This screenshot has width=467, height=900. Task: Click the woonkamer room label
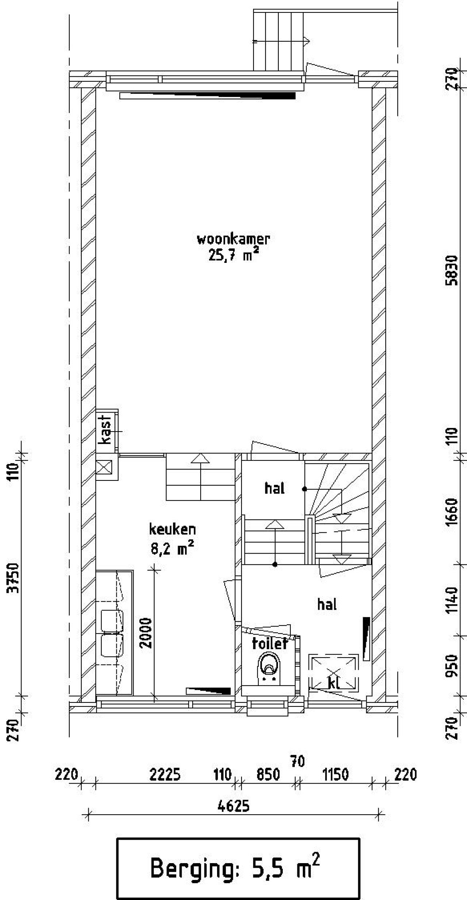(x=233, y=239)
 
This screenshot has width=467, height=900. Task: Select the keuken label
(x=172, y=529)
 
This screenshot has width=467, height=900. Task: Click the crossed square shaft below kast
(x=104, y=466)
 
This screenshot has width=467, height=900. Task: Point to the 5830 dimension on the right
(x=452, y=271)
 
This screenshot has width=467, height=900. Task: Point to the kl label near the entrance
(x=334, y=683)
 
